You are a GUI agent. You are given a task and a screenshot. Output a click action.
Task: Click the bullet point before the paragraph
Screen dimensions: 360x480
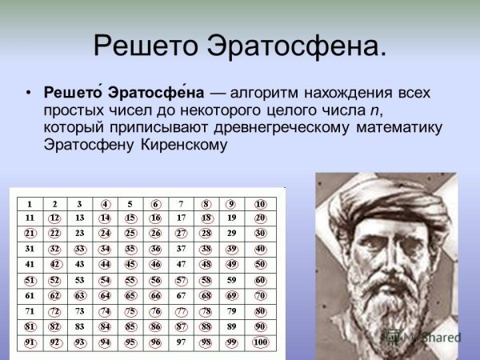[x=28, y=93]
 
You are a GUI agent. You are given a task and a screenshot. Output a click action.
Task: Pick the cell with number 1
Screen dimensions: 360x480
[x=30, y=203]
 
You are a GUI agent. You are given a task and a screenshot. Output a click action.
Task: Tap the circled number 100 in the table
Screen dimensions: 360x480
[x=258, y=342]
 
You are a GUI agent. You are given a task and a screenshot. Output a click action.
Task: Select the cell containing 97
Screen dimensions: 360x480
[x=182, y=342]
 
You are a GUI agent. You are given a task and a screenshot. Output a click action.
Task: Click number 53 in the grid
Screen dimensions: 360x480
[x=80, y=280]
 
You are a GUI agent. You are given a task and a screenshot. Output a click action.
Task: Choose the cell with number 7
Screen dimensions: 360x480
[x=182, y=203]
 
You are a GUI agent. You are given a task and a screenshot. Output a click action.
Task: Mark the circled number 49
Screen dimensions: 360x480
[x=233, y=265]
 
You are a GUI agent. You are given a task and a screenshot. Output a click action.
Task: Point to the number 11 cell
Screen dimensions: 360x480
[x=30, y=218]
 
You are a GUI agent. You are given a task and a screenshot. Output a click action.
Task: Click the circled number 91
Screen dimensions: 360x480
[x=30, y=342]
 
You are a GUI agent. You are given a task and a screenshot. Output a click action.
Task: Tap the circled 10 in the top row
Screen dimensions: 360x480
[x=258, y=203]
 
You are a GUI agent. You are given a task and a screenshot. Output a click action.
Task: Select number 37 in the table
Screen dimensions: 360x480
[x=182, y=249]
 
